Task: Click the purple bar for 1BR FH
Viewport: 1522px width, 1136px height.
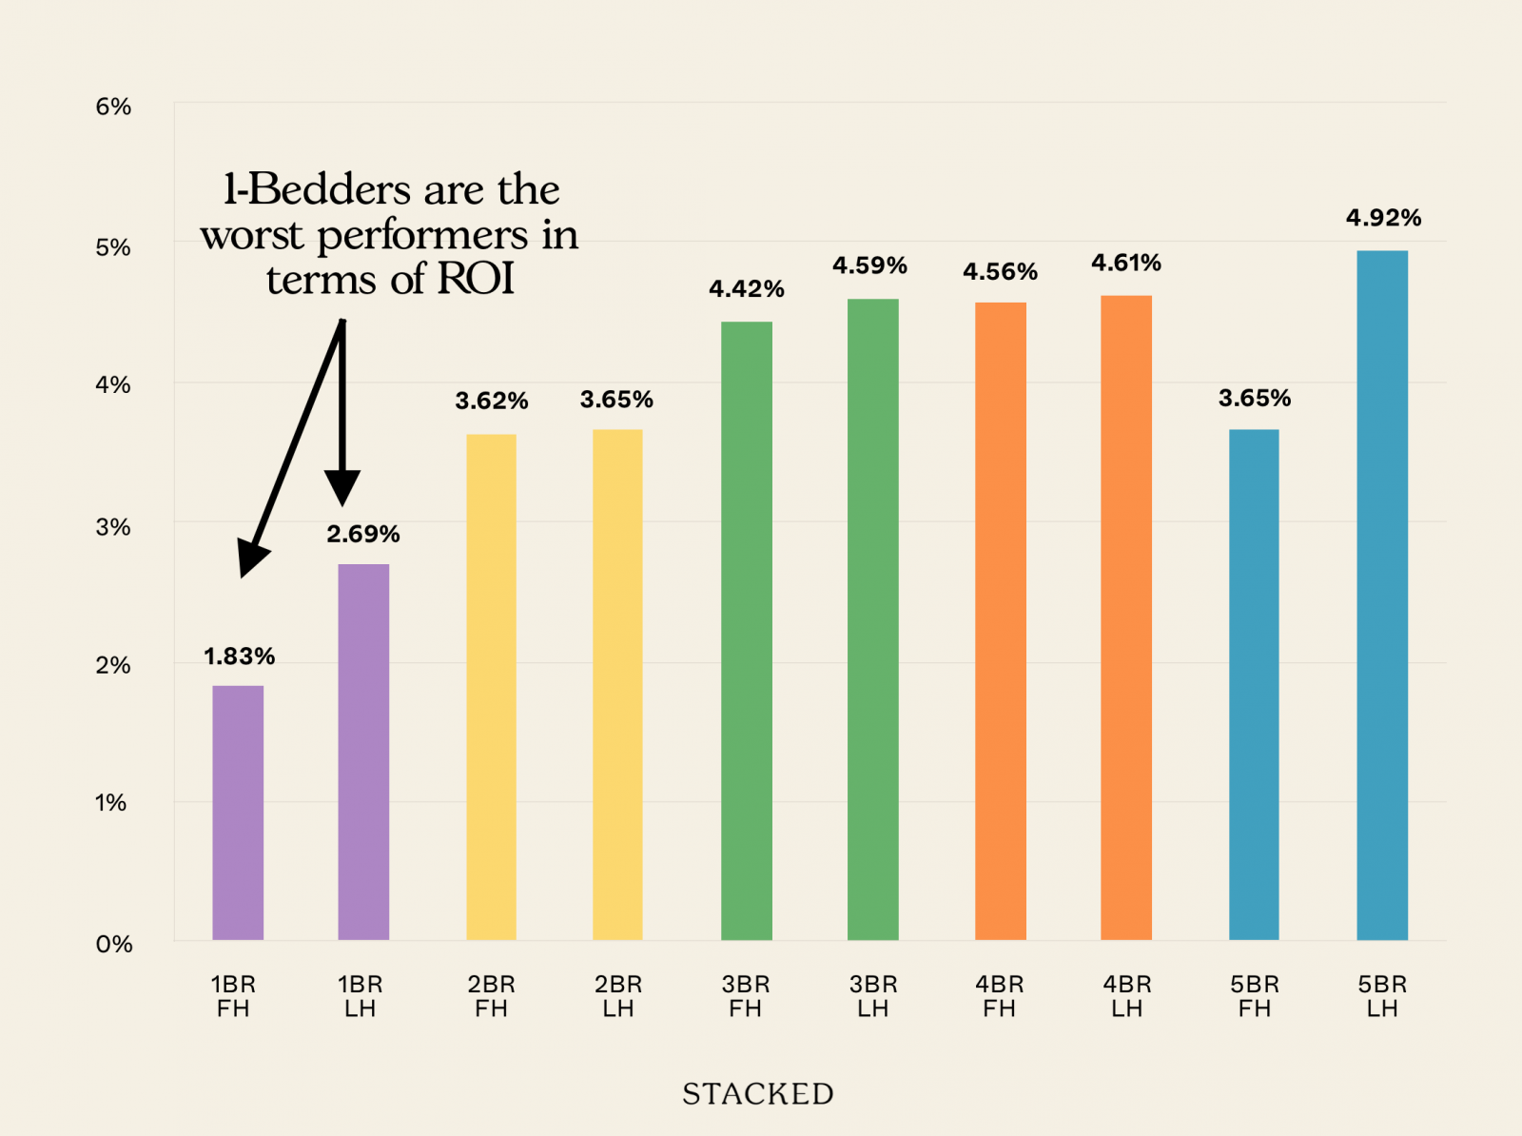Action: pyautogui.click(x=238, y=813)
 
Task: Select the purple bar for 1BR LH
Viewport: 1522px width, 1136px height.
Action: pyautogui.click(x=363, y=752)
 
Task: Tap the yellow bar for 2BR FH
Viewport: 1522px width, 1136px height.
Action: pyautogui.click(x=491, y=687)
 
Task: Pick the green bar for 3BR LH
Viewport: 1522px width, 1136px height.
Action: pyautogui.click(x=872, y=619)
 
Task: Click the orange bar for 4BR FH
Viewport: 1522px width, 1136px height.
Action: pyautogui.click(x=1000, y=621)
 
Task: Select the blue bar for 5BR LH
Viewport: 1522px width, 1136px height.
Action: pyautogui.click(x=1381, y=596)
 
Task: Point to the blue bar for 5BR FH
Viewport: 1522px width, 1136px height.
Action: pyautogui.click(x=1254, y=685)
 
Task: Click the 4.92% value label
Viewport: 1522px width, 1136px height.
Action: pyautogui.click(x=1383, y=218)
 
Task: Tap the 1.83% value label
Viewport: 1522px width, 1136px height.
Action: pyautogui.click(x=239, y=656)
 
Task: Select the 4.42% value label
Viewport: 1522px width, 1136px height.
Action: pyautogui.click(x=746, y=289)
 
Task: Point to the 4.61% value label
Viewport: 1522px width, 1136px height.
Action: pyautogui.click(x=1126, y=263)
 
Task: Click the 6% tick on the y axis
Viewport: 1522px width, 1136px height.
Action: pyautogui.click(x=113, y=107)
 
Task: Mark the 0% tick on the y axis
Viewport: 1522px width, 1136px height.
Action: pyautogui.click(x=114, y=944)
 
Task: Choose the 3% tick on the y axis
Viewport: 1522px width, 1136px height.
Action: pyautogui.click(x=113, y=527)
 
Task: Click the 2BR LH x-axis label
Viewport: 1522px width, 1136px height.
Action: pyautogui.click(x=618, y=996)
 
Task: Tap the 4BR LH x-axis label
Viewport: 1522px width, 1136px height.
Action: pyautogui.click(x=1127, y=996)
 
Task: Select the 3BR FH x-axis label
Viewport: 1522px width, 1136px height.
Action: pyautogui.click(x=746, y=996)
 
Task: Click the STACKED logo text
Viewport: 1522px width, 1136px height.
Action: pyautogui.click(x=758, y=1094)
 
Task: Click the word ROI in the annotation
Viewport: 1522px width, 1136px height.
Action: pyautogui.click(x=476, y=280)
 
